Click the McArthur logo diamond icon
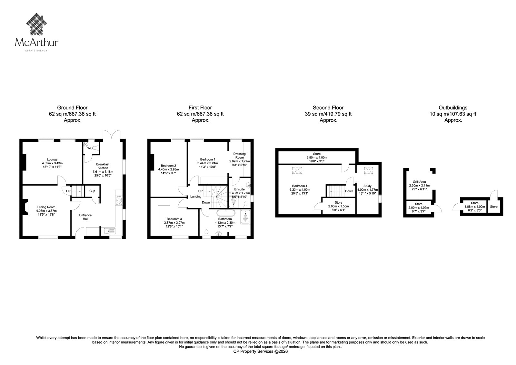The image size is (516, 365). click(x=36, y=24)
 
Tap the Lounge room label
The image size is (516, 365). click(x=52, y=159)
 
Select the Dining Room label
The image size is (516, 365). click(x=46, y=207)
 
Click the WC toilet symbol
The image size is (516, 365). click(x=96, y=148)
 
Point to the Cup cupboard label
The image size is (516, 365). click(x=92, y=191)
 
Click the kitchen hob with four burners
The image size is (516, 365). click(x=119, y=200)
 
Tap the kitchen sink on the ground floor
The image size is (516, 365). click(x=110, y=231)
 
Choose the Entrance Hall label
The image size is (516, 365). click(x=85, y=217)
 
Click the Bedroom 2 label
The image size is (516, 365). click(x=168, y=166)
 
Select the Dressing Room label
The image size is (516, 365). click(x=240, y=156)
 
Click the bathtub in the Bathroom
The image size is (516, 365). click(x=226, y=213)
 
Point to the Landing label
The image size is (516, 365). click(x=196, y=197)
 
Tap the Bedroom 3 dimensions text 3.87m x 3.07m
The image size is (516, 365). click(x=174, y=223)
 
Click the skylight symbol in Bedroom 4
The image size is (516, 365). click(x=297, y=170)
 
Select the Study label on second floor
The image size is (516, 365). click(x=367, y=186)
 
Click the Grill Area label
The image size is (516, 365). click(x=419, y=182)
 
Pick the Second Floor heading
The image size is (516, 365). click(x=328, y=108)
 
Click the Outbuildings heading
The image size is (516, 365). click(x=453, y=108)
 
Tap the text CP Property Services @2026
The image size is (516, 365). click(x=261, y=351)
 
